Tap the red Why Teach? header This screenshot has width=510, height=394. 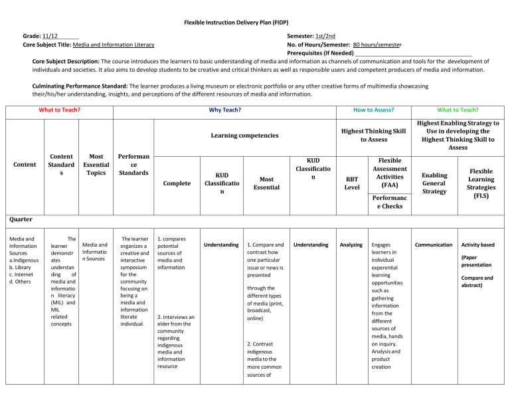tap(224, 110)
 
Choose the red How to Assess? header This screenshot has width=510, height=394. tap(372, 110)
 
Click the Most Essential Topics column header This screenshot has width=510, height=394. tap(96, 169)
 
